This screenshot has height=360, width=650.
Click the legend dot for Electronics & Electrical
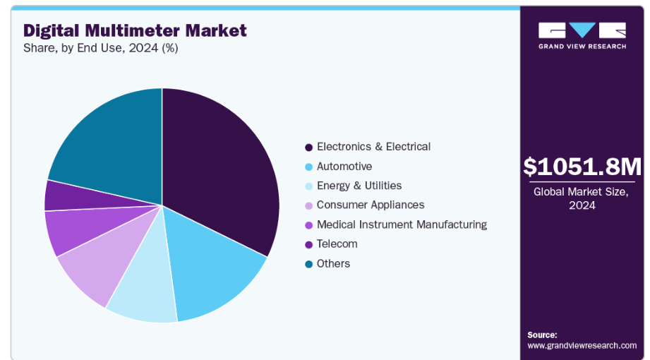coord(308,148)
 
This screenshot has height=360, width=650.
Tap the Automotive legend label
coord(344,167)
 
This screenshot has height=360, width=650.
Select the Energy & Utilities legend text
coord(359,186)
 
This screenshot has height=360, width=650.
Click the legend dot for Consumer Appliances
coord(308,205)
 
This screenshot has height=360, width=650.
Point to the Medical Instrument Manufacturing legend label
coord(401,224)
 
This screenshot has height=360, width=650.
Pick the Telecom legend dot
coord(308,244)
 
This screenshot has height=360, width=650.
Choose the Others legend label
coord(333,263)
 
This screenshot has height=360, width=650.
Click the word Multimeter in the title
coord(134,30)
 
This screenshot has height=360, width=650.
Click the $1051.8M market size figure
coord(582,167)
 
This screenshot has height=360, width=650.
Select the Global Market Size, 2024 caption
coord(582,198)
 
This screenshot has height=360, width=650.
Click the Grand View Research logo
coord(582,35)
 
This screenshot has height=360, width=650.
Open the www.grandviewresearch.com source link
coord(582,345)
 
